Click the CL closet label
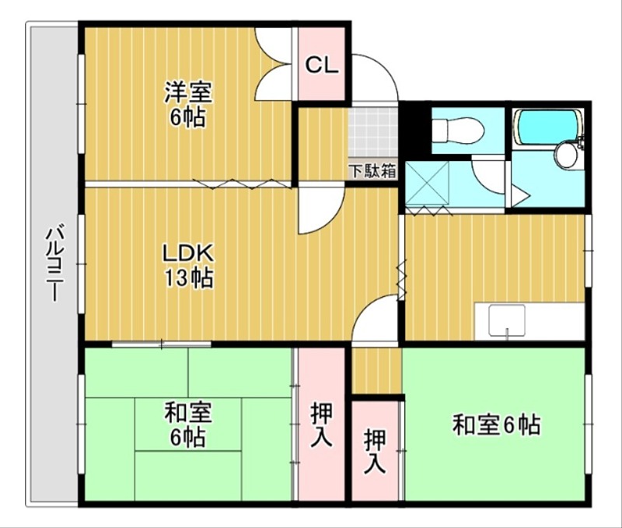[x=322, y=65]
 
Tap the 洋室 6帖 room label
[x=187, y=104]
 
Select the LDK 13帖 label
[x=189, y=265]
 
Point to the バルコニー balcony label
[x=54, y=263]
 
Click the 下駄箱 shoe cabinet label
[x=372, y=170]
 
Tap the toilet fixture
[x=457, y=131]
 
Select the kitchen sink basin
[x=507, y=320]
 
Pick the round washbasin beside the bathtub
[x=566, y=156]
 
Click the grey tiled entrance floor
[x=373, y=132]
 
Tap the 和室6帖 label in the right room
[x=496, y=425]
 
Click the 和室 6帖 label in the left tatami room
[x=188, y=424]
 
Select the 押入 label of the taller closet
[x=321, y=425]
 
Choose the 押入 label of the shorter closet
[x=375, y=452]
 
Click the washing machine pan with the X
[x=427, y=184]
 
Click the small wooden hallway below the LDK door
[x=376, y=370]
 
